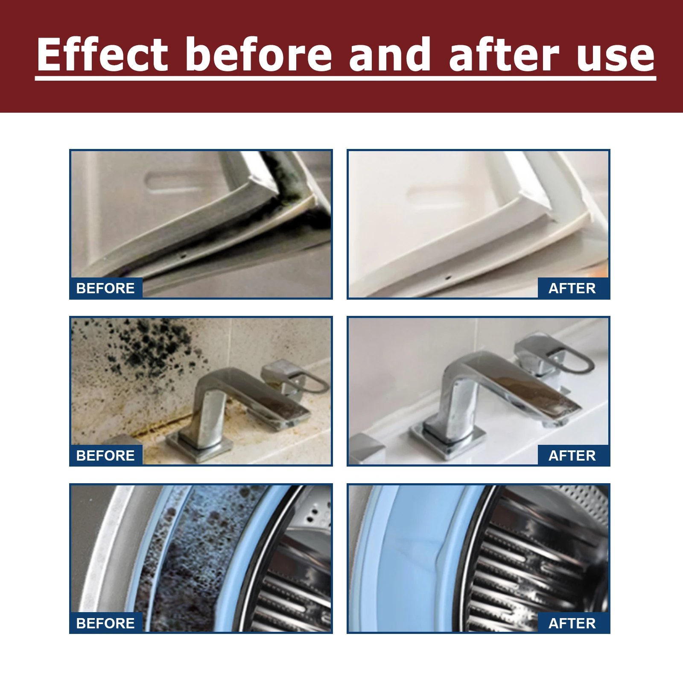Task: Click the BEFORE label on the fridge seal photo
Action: [105, 289]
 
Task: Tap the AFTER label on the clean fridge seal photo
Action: [572, 289]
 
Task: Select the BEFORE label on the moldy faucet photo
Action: [105, 456]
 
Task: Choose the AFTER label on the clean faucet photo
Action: [572, 456]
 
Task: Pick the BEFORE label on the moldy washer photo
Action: [105, 624]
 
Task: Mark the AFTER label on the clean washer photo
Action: [572, 624]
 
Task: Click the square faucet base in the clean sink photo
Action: [448, 440]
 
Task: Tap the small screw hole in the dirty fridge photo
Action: [184, 257]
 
